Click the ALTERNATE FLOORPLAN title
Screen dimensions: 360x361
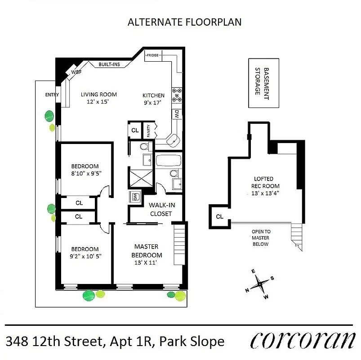185,22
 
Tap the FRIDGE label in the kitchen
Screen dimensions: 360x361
152,55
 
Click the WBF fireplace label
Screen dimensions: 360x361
76,71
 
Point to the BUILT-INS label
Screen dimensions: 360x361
109,65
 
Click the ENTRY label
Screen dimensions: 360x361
52,94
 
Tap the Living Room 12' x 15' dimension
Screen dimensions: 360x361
98,102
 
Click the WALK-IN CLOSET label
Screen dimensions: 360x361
161,209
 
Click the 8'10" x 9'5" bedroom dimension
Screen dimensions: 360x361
85,174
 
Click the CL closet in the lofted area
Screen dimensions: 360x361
219,216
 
